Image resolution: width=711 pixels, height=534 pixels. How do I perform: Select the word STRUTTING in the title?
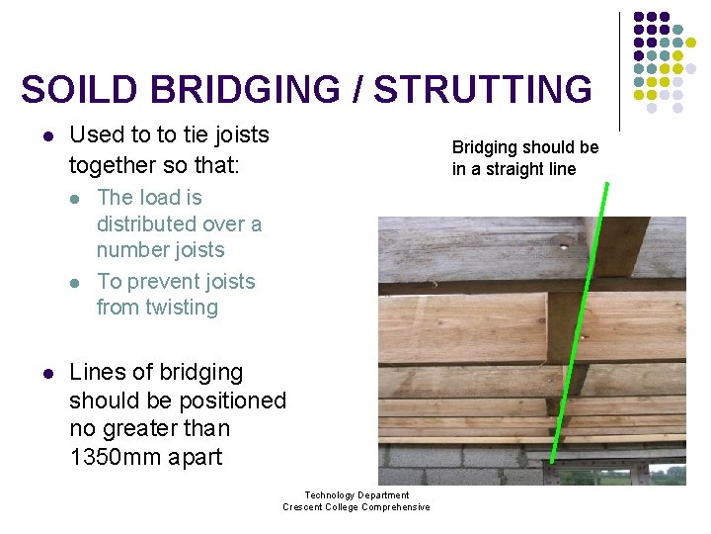coord(483,90)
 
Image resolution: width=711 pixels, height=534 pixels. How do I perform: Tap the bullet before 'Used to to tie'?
coord(47,135)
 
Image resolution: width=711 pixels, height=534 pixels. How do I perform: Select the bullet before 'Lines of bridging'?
coord(47,374)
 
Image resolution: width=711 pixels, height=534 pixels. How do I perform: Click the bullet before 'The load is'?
coord(77,199)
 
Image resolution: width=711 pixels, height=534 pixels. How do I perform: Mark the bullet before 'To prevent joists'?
coord(77,283)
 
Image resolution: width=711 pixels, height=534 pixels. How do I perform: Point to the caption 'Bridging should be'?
coord(525,147)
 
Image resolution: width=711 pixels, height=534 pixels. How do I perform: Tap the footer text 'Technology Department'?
coord(356,495)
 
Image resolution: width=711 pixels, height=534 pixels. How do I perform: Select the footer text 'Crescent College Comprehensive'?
coord(356,507)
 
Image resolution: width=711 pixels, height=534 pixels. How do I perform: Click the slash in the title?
coord(358,90)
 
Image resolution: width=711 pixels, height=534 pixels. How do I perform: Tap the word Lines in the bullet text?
coord(95,373)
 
